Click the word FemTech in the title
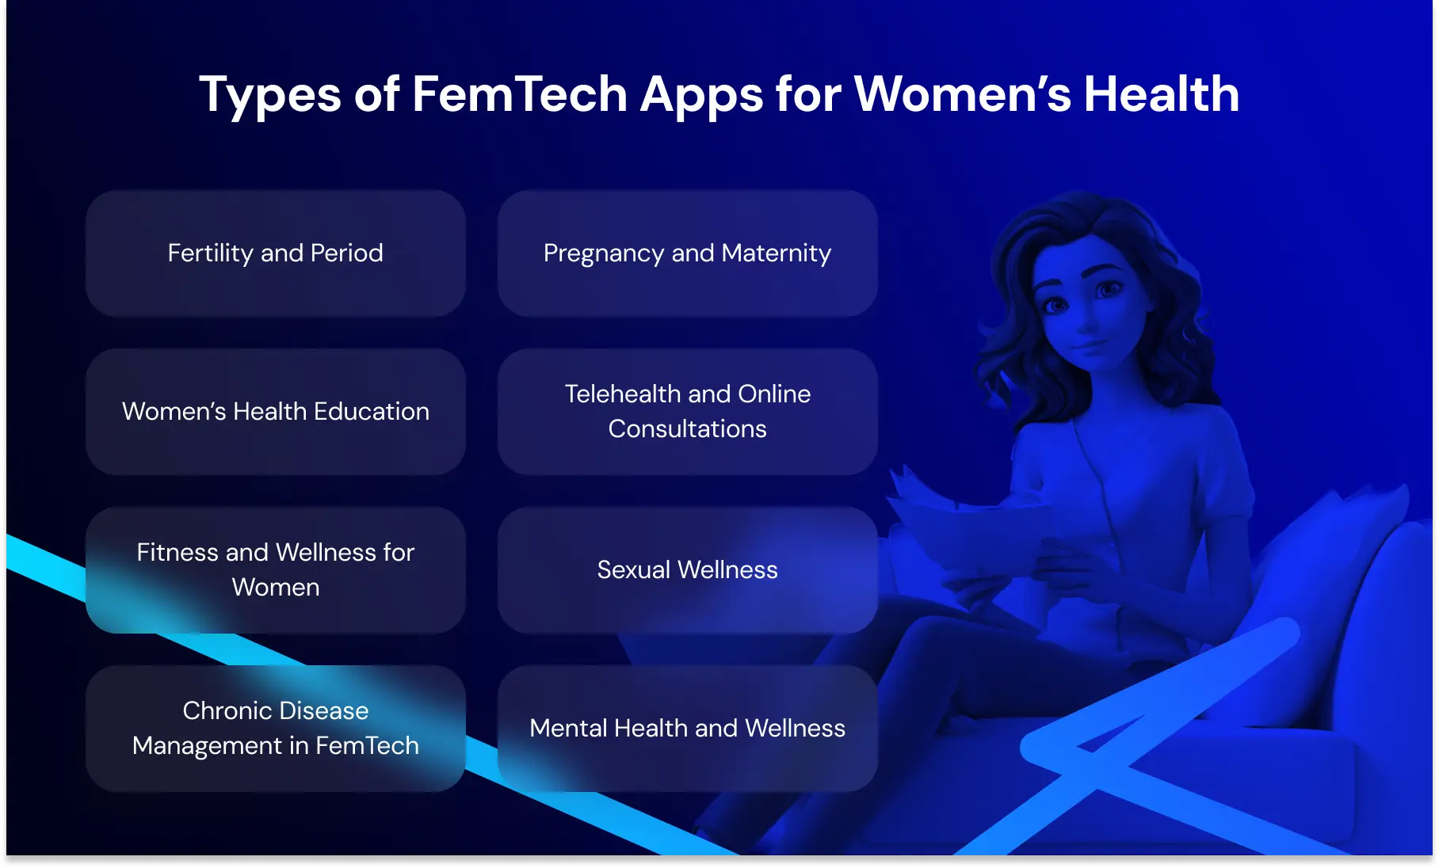519,94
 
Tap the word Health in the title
1161,94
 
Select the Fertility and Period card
275,253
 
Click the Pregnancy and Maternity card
687,253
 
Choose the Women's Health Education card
275,412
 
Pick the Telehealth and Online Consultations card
687,412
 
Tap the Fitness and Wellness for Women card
275,570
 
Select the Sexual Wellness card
687,570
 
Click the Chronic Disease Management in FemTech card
275,729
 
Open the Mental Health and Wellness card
687,729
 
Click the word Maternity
777,253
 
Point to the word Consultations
687,429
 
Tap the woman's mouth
1090,346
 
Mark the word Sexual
633,570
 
